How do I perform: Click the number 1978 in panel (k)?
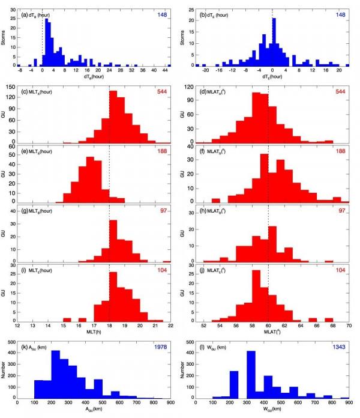pos(158,347)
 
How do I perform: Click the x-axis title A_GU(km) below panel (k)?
pos(94,413)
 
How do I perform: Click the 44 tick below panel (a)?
pos(158,71)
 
